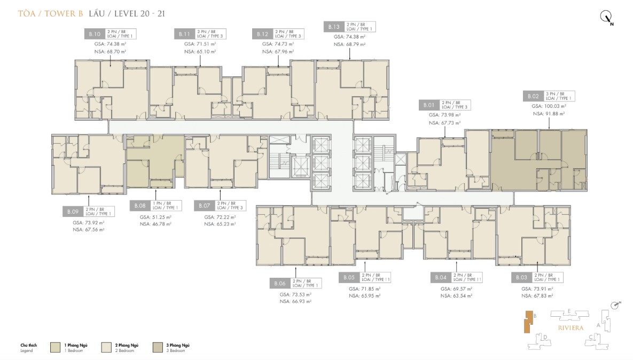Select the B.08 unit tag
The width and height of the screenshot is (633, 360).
click(140, 206)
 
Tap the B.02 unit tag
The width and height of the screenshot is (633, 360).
click(533, 96)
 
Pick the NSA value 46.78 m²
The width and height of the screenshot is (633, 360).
click(155, 224)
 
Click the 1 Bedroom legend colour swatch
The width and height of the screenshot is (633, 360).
click(56, 347)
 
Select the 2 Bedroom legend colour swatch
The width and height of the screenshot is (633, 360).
click(108, 347)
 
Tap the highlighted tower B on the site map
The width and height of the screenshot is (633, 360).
click(528, 323)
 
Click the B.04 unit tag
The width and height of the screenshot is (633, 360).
click(441, 278)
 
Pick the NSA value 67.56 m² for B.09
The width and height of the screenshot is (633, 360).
click(88, 229)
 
